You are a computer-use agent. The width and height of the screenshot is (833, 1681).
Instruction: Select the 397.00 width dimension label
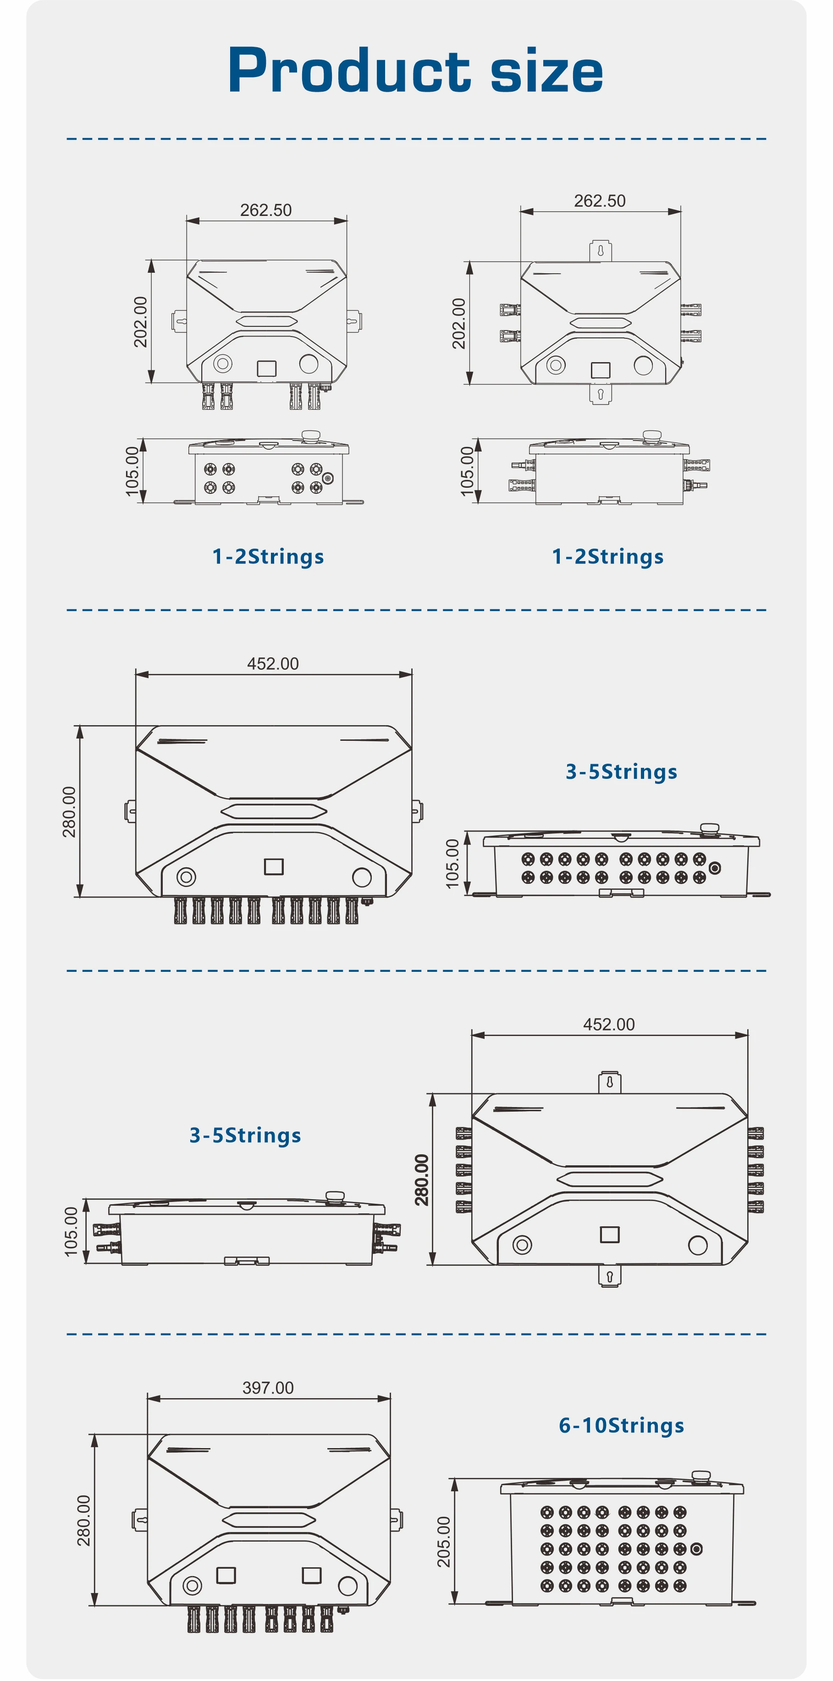268,1387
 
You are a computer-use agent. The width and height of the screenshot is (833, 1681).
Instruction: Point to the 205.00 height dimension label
444,1541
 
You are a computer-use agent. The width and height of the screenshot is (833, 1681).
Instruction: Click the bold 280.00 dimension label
422,1180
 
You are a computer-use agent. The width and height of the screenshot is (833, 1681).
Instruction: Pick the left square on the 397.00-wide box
226,1575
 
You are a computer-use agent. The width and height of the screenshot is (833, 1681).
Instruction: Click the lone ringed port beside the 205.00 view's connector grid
696,1549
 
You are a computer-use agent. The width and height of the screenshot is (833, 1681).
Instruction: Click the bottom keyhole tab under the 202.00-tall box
601,394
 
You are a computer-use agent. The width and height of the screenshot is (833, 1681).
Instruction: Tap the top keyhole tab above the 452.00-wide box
610,1082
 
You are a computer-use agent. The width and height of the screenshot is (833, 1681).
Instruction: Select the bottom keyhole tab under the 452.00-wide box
610,1276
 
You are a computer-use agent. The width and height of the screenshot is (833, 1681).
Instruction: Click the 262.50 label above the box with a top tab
599,201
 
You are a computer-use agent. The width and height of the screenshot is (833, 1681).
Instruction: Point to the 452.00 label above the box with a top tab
608,1025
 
